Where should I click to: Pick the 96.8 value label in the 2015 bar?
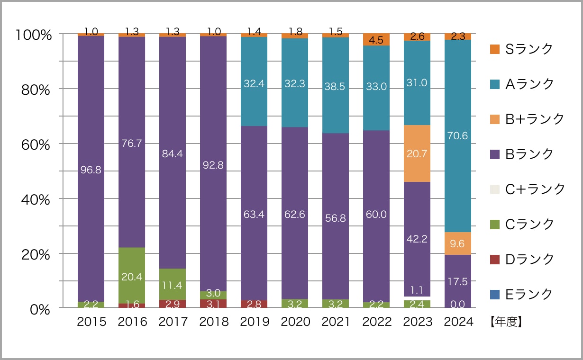coord(91,170)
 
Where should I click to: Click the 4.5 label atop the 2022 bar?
coord(376,40)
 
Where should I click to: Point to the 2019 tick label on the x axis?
coord(255,322)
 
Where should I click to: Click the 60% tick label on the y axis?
coord(36,144)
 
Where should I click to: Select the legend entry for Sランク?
coord(521,49)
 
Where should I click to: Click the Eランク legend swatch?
coord(494,294)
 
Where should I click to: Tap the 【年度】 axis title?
coord(506,322)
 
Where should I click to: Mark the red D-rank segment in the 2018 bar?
coord(213,304)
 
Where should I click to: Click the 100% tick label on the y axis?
coord(33,35)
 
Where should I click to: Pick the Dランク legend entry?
coord(521,259)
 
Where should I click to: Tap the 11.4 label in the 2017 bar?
coord(173,285)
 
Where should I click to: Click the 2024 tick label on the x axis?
coord(458,322)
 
